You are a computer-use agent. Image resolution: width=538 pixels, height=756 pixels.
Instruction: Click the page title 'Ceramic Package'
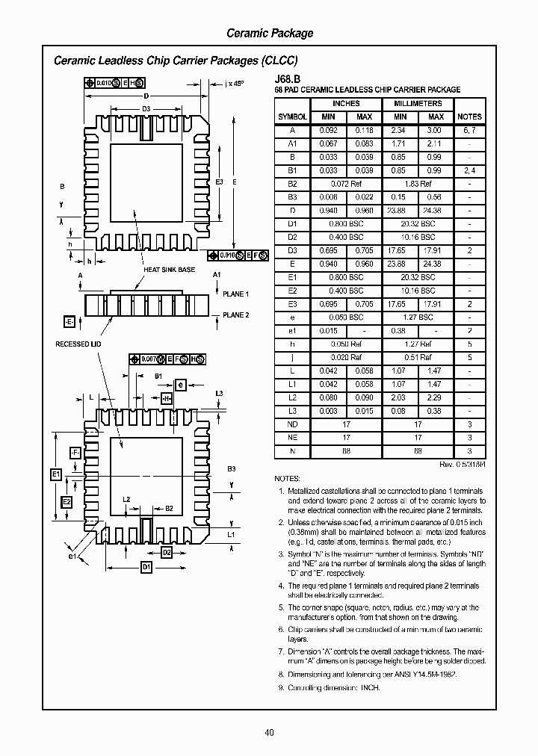269,33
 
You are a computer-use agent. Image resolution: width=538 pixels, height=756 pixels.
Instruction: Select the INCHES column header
345,104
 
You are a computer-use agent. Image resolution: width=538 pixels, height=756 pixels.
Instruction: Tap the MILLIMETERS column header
418,104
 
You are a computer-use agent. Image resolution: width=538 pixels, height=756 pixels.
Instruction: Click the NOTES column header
469,117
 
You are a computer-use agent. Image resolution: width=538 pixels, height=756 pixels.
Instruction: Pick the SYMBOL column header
292,117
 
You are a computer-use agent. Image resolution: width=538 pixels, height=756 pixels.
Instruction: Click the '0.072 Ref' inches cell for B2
345,184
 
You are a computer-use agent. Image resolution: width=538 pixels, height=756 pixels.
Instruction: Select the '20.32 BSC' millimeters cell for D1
418,224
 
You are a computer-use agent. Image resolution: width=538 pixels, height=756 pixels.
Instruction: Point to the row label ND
292,425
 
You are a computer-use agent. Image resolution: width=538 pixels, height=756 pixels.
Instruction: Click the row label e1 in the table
292,331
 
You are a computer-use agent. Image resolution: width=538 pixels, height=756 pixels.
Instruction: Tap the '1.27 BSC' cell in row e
418,317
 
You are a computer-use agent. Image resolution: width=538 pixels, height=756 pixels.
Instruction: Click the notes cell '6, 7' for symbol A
469,130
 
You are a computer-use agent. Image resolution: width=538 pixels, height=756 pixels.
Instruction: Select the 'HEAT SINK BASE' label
170,270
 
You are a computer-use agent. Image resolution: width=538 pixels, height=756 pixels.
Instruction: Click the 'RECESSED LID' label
78,344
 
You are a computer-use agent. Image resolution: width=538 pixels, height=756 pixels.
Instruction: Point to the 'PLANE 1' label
235,294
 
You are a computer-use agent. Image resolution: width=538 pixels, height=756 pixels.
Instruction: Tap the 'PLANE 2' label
235,315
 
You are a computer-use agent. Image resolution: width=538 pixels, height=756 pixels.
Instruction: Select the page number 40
269,732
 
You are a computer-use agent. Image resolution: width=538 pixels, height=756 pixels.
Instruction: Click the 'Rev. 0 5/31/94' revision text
462,465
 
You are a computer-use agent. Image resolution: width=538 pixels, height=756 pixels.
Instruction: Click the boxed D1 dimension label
146,567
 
